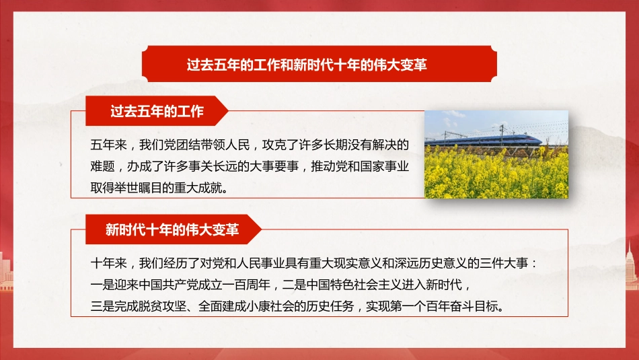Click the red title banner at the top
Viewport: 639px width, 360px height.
tap(319, 65)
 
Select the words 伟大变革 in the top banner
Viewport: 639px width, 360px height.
tap(400, 65)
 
